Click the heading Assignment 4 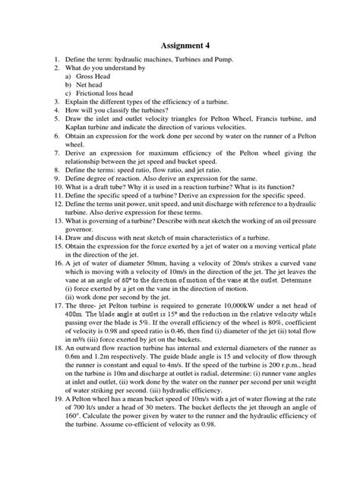pos(180,45)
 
